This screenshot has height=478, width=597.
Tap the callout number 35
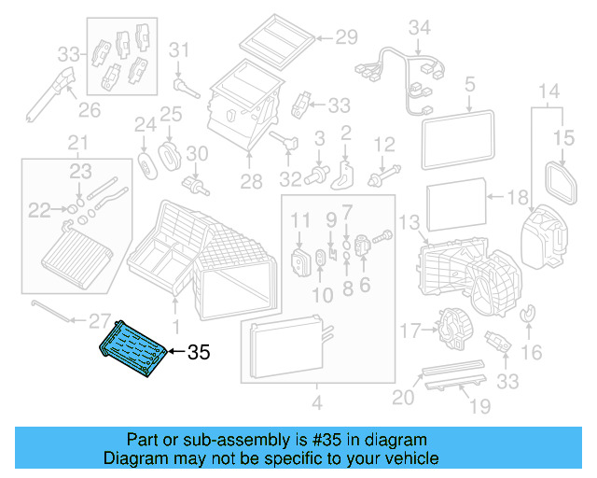[200, 353]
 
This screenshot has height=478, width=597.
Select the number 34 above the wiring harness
[421, 27]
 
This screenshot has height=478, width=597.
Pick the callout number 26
[89, 111]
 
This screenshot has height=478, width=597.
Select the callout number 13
[409, 221]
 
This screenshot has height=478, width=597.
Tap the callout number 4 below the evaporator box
[316, 403]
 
